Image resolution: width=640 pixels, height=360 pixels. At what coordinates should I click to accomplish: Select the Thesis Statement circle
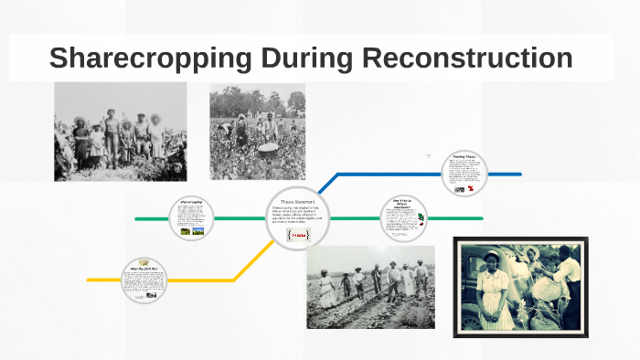(x=298, y=219)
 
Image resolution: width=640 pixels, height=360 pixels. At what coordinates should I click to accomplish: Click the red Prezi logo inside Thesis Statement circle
(x=298, y=235)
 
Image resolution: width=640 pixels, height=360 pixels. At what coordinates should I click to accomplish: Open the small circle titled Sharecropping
(x=191, y=218)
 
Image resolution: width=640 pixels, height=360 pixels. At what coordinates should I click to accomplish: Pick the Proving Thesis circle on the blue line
(x=464, y=173)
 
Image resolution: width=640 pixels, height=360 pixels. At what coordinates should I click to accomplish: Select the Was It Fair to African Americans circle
(x=403, y=218)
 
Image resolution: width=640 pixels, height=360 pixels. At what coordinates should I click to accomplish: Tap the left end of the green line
(x=137, y=219)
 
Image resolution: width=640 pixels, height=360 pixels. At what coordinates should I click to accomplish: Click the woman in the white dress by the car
(x=494, y=292)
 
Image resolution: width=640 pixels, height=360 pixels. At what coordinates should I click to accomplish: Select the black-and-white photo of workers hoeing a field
(x=370, y=286)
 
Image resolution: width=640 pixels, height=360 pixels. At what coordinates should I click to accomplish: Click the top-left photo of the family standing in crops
(x=120, y=131)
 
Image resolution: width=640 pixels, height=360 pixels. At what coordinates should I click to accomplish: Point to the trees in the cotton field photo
(x=257, y=100)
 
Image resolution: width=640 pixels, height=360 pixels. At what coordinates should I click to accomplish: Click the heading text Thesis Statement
(x=298, y=202)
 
